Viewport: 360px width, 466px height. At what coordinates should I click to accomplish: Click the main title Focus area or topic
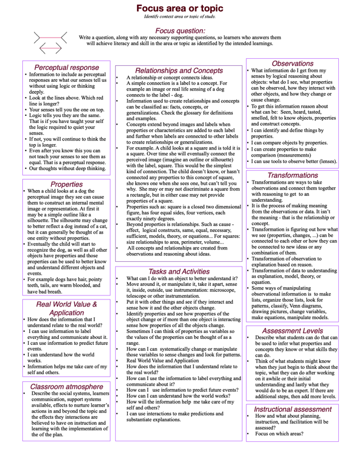pyautogui.click(x=179, y=8)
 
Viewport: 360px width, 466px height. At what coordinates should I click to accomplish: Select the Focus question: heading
pyautogui.click(x=180, y=31)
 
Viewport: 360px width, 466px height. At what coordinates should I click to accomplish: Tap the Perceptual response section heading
pyautogui.click(x=66, y=67)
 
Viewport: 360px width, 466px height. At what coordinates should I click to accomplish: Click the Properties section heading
pyautogui.click(x=66, y=168)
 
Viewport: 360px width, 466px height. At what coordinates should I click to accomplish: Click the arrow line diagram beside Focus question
pyautogui.click(x=50, y=42)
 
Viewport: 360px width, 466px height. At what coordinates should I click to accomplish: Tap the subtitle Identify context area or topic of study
pyautogui.click(x=179, y=16)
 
